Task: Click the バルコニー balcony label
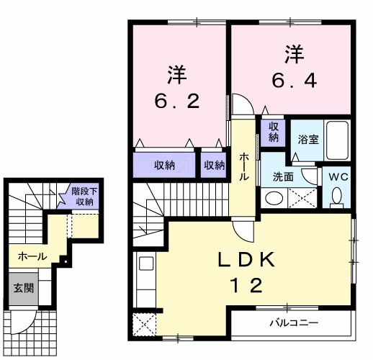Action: [294, 323]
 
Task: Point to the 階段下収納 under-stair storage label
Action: [83, 196]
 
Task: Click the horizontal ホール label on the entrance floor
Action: [32, 256]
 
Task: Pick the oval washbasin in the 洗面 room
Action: [274, 197]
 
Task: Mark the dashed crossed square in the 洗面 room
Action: [302, 197]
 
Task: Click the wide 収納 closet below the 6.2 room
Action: [164, 166]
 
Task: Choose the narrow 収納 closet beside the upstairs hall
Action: [213, 166]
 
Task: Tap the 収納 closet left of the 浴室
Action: [274, 132]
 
